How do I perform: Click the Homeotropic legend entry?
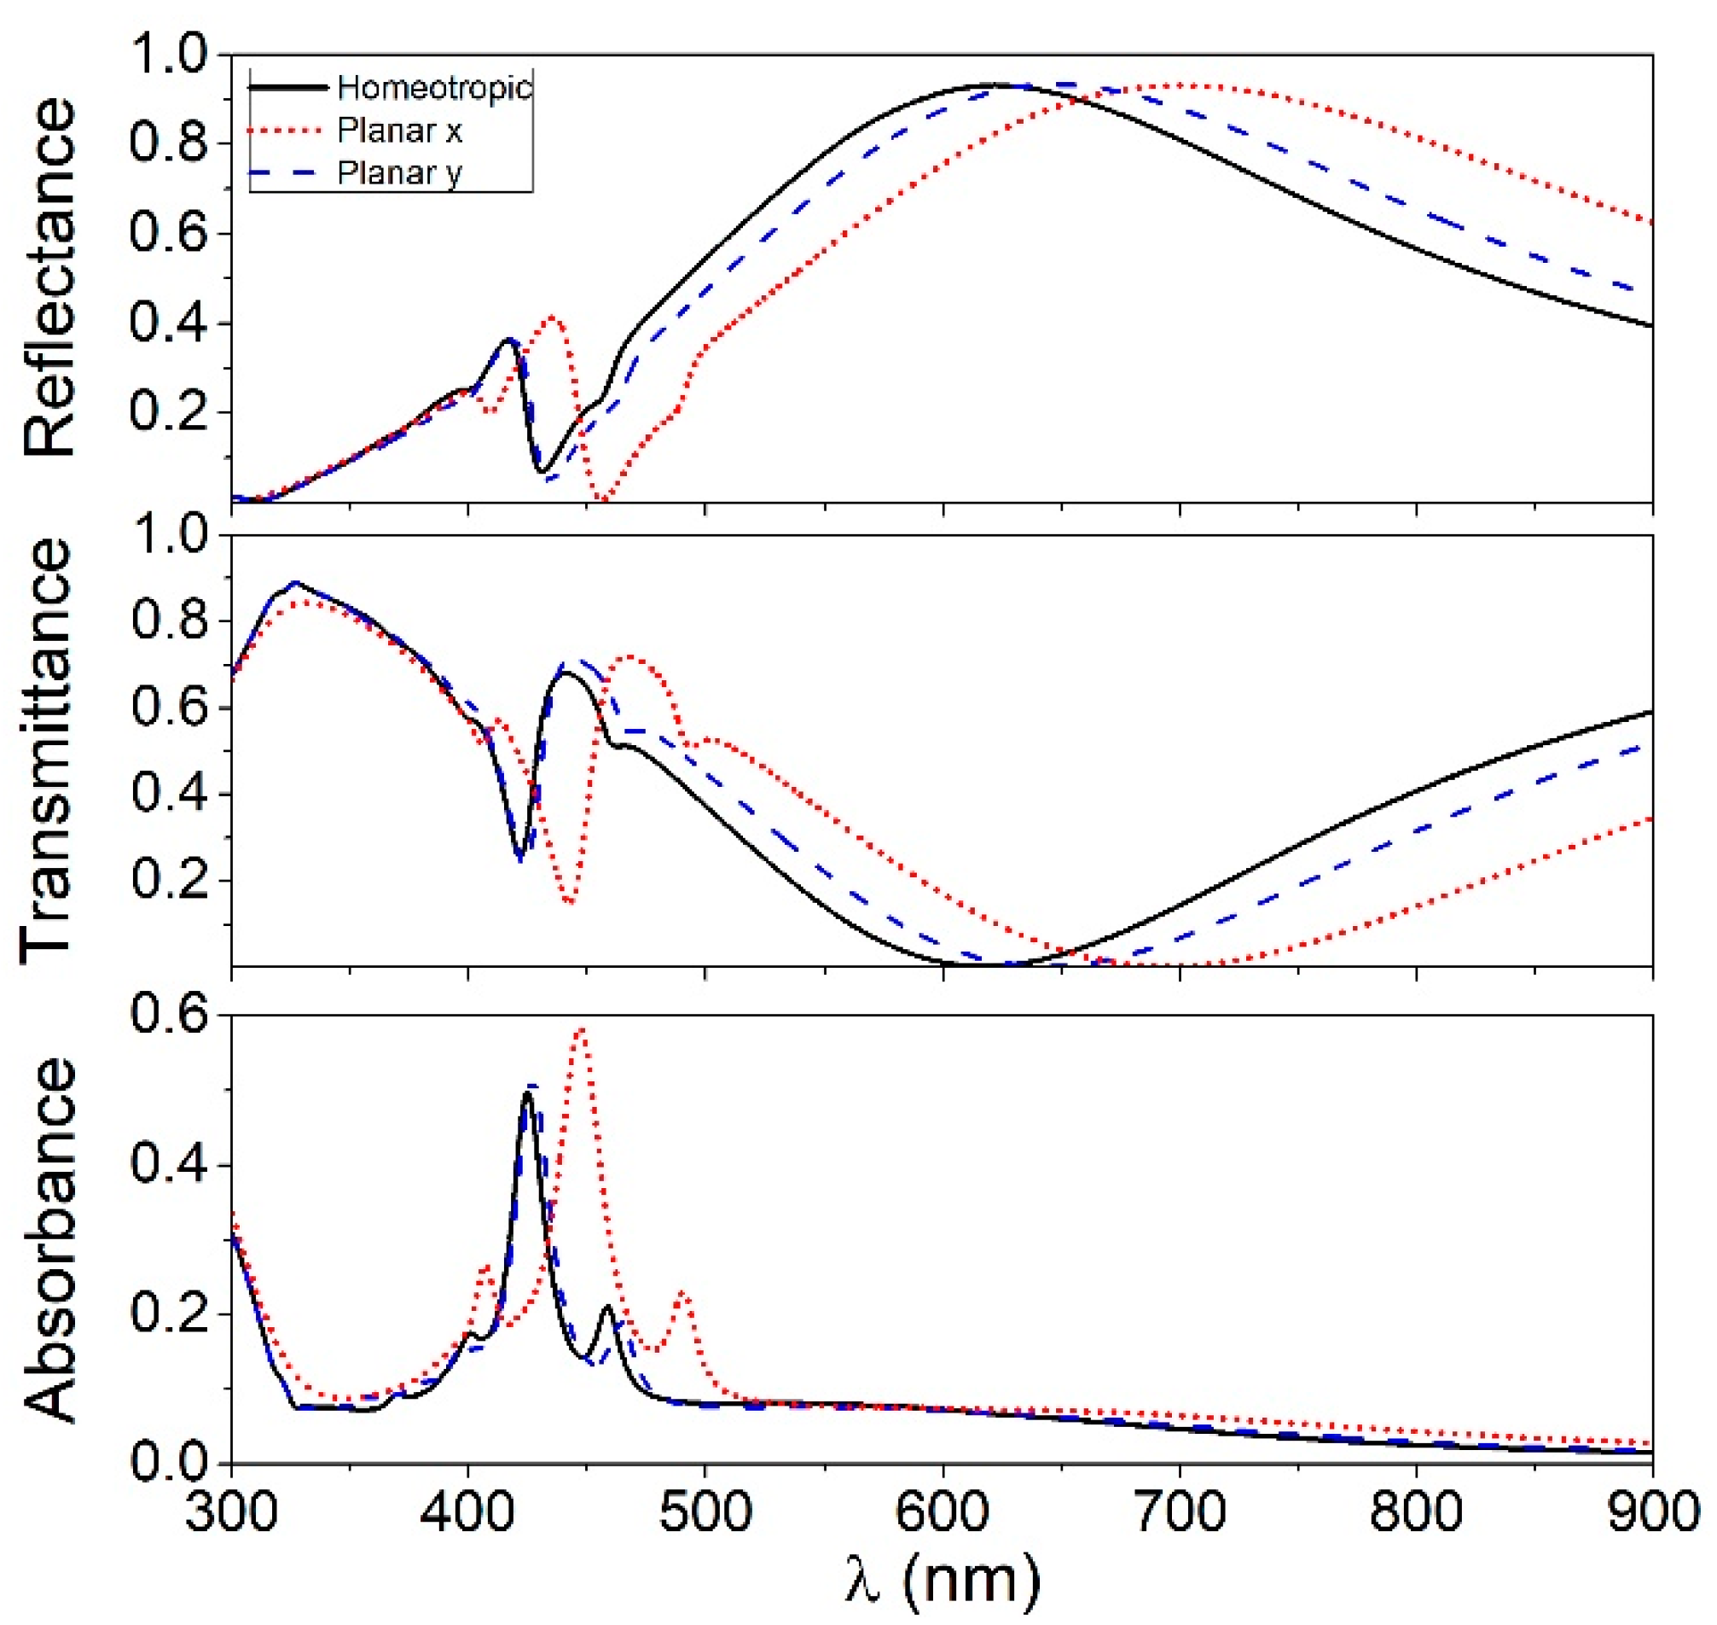click(x=434, y=88)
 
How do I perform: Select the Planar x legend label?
click(x=399, y=131)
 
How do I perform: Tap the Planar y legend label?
click(x=399, y=173)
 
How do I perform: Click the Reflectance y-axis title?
click(x=49, y=277)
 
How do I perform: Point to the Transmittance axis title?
click(x=45, y=750)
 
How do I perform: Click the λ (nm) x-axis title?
click(x=941, y=1578)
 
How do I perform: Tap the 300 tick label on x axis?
click(x=231, y=1511)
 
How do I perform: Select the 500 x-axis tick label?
click(x=705, y=1511)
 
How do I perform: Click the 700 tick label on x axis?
click(x=1180, y=1511)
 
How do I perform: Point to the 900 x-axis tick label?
click(x=1652, y=1511)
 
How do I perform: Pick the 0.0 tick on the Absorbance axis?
click(x=169, y=1463)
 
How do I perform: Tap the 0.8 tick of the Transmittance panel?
click(x=169, y=621)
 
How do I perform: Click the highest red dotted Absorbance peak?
click(x=582, y=1029)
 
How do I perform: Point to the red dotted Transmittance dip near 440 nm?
click(x=569, y=902)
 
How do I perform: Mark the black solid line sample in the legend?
click(x=287, y=88)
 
